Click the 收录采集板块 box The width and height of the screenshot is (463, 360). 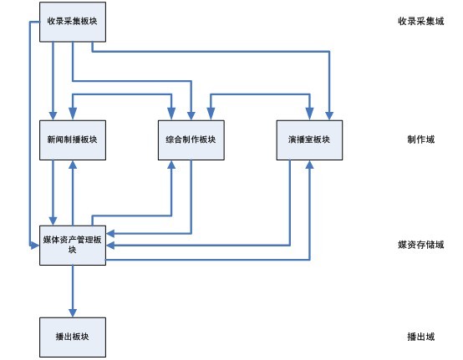point(73,22)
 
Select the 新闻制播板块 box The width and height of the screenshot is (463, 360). point(73,140)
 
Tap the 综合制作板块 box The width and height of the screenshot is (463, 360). point(191,140)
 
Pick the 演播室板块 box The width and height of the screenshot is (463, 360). point(309,140)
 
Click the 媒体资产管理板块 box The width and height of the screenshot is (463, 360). point(73,246)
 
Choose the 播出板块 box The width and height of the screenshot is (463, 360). point(73,337)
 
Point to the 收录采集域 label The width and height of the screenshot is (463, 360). point(420,21)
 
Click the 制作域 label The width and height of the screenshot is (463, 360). point(420,139)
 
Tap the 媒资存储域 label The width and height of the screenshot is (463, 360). point(420,245)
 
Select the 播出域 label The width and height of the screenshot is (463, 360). point(420,337)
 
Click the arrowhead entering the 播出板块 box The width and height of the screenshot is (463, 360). point(73,313)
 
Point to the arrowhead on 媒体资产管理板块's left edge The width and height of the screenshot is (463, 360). point(35,246)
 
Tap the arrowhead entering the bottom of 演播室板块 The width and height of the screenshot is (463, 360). point(309,165)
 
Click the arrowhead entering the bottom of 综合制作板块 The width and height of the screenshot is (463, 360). point(171,165)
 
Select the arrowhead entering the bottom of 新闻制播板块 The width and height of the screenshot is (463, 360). point(73,165)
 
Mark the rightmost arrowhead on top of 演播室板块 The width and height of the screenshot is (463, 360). point(329,116)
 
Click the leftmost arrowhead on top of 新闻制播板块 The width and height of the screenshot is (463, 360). point(53,116)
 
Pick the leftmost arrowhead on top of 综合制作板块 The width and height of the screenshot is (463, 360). point(171,114)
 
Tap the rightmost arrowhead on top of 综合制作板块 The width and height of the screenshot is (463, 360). point(211,114)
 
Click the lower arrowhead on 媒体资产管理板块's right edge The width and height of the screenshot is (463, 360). point(110,246)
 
